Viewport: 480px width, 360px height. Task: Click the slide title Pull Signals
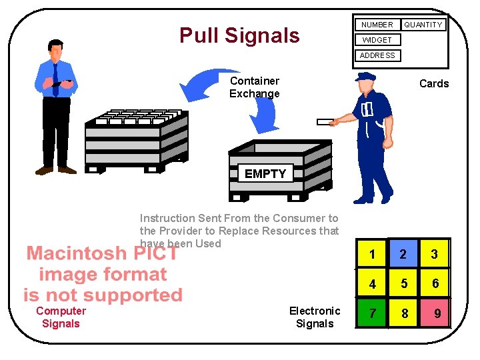[x=239, y=35]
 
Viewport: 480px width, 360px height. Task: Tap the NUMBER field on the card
[x=377, y=25]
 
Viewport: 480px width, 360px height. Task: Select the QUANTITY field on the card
[x=423, y=25]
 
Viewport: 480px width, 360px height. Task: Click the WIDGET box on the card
[x=377, y=40]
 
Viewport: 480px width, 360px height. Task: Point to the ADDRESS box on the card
[x=377, y=55]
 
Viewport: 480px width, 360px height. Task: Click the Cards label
[x=433, y=83]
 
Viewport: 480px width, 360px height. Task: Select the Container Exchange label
[x=254, y=87]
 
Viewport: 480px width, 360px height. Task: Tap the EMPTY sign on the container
[x=265, y=173]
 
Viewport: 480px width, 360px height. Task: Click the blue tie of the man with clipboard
[x=55, y=77]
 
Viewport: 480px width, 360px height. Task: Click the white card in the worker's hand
[x=325, y=122]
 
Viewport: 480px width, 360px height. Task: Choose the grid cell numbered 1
[x=372, y=254]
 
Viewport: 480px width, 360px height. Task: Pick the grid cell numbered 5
[x=404, y=283]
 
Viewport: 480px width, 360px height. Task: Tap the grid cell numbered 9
[x=436, y=313]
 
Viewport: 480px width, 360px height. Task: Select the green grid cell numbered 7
[x=372, y=313]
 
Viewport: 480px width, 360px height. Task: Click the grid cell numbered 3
[x=435, y=254]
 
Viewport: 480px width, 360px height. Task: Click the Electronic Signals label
[x=315, y=317]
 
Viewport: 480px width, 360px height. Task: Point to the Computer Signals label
[x=61, y=317]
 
